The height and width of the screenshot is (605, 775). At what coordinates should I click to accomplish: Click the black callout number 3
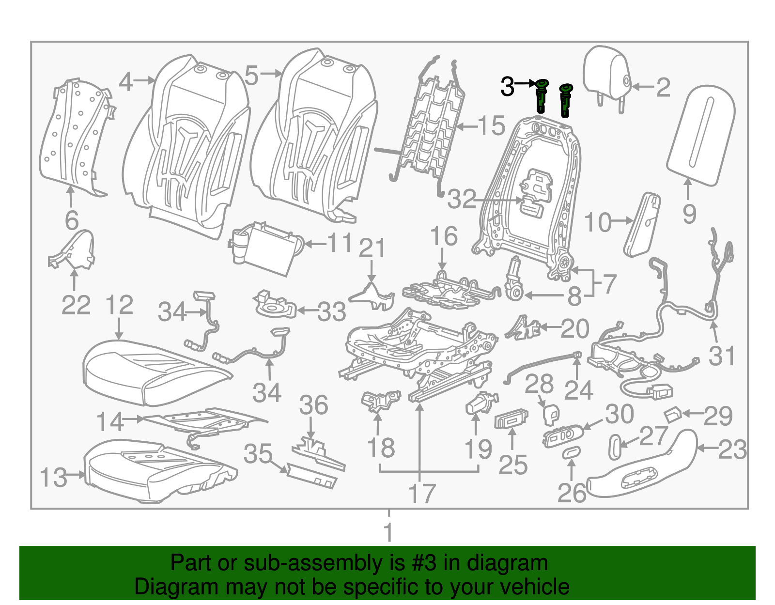[507, 87]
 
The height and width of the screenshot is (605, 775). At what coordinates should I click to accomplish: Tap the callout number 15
[492, 126]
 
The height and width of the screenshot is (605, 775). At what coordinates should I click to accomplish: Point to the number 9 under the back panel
[689, 214]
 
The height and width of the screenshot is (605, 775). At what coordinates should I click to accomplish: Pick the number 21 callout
[372, 248]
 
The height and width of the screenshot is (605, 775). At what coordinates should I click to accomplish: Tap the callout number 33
[332, 312]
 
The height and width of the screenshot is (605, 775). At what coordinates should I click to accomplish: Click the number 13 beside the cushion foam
[53, 478]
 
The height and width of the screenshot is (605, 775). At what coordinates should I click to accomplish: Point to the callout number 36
[313, 405]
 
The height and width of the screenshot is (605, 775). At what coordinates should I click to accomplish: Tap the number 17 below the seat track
[422, 494]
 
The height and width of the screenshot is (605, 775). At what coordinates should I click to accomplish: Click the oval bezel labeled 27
[614, 447]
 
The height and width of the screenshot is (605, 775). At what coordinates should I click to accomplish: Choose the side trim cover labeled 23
[644, 465]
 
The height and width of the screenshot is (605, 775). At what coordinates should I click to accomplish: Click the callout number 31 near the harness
[722, 356]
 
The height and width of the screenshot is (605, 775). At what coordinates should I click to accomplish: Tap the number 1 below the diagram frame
[388, 532]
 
